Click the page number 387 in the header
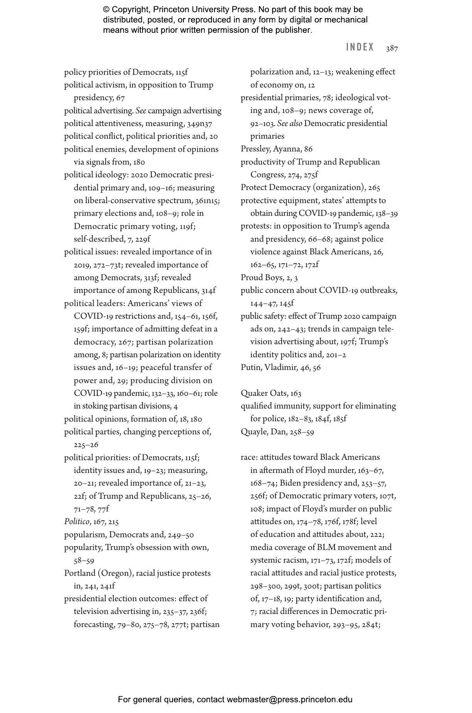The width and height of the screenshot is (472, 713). tap(392, 48)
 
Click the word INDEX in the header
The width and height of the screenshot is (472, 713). tap(360, 47)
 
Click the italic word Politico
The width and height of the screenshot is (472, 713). tap(77, 522)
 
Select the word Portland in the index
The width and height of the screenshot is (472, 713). tap(80, 573)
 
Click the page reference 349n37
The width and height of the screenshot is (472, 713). tap(200, 124)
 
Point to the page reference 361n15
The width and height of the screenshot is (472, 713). tap(207, 201)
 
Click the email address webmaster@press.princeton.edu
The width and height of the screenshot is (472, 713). tap(289, 700)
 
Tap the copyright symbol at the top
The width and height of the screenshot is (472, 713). tap(106, 10)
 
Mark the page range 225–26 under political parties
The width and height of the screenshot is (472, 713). tap(86, 445)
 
